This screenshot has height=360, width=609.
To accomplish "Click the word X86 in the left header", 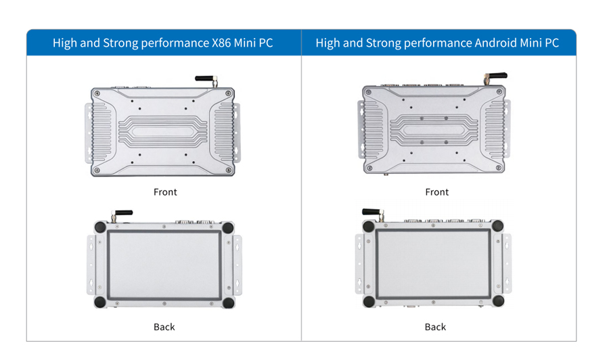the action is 221,43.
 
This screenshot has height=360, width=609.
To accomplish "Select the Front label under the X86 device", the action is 165,192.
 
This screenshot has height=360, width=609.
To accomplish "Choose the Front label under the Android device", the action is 437,192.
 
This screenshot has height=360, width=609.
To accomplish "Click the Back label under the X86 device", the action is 164,327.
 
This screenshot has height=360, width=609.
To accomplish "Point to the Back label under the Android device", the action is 435,327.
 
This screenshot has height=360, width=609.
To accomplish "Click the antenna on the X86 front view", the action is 206,80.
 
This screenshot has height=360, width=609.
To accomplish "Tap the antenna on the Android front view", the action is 495,77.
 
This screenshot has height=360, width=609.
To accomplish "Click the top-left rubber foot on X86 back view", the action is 100,227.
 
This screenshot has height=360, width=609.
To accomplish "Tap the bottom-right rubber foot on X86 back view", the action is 229,302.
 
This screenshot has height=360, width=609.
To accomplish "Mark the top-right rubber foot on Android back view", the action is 497,225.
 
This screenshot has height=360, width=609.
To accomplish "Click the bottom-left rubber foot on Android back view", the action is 369,301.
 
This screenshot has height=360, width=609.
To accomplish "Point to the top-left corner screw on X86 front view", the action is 97,93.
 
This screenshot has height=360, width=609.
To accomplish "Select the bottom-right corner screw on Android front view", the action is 499,168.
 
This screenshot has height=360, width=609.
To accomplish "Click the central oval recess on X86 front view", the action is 162,132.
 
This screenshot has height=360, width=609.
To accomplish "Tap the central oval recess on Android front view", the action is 434,131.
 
